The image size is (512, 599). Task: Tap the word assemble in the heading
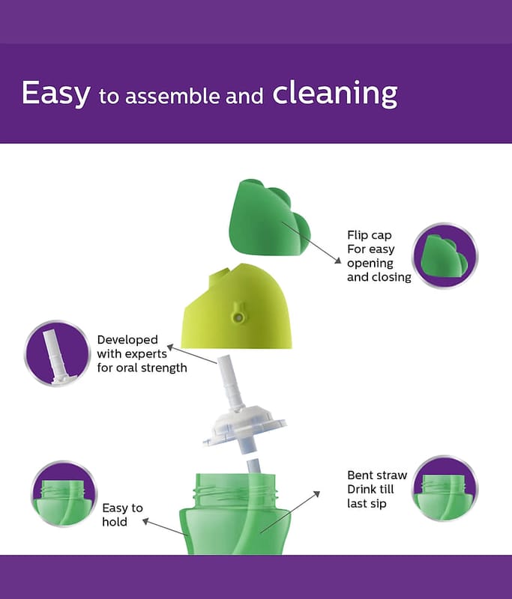click(x=172, y=96)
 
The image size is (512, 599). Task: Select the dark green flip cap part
click(x=269, y=217)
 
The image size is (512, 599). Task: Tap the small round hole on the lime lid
click(x=238, y=317)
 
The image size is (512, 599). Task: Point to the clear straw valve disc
click(x=244, y=429)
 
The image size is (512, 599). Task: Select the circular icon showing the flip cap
click(x=445, y=255)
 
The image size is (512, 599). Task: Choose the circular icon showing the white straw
click(x=58, y=353)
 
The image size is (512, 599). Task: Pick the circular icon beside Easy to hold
click(x=64, y=493)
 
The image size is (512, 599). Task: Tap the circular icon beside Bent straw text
click(x=445, y=488)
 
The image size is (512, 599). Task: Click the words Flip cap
click(x=370, y=235)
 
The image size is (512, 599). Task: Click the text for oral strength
click(x=142, y=368)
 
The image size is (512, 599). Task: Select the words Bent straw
click(x=377, y=475)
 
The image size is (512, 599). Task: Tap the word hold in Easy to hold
click(x=115, y=522)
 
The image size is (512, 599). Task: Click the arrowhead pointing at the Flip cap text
click(x=338, y=261)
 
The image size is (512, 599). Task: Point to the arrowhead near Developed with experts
click(x=170, y=347)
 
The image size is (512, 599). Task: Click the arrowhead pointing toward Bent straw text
click(x=316, y=494)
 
